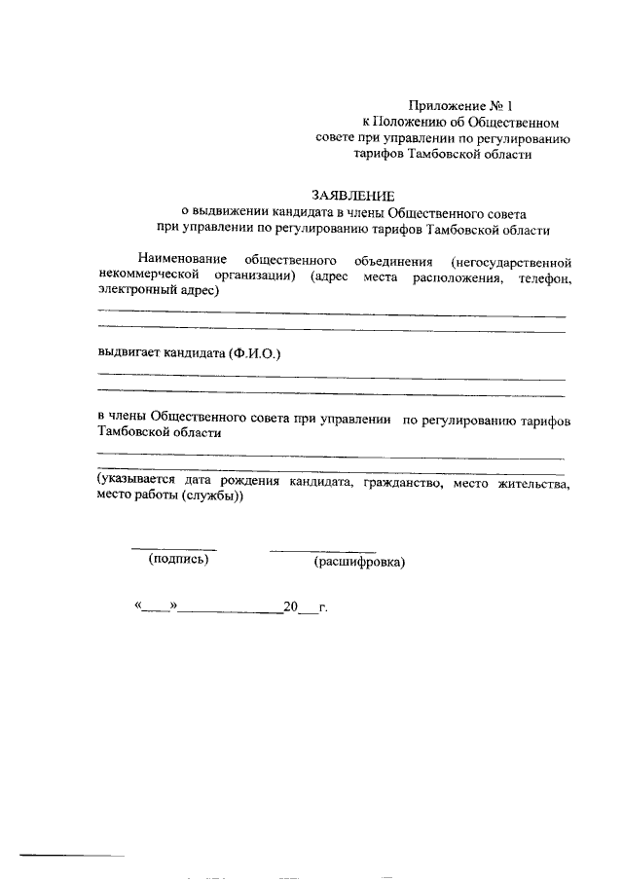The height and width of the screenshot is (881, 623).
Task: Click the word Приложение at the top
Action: point(442,104)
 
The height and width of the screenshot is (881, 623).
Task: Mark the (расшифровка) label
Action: point(359,562)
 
